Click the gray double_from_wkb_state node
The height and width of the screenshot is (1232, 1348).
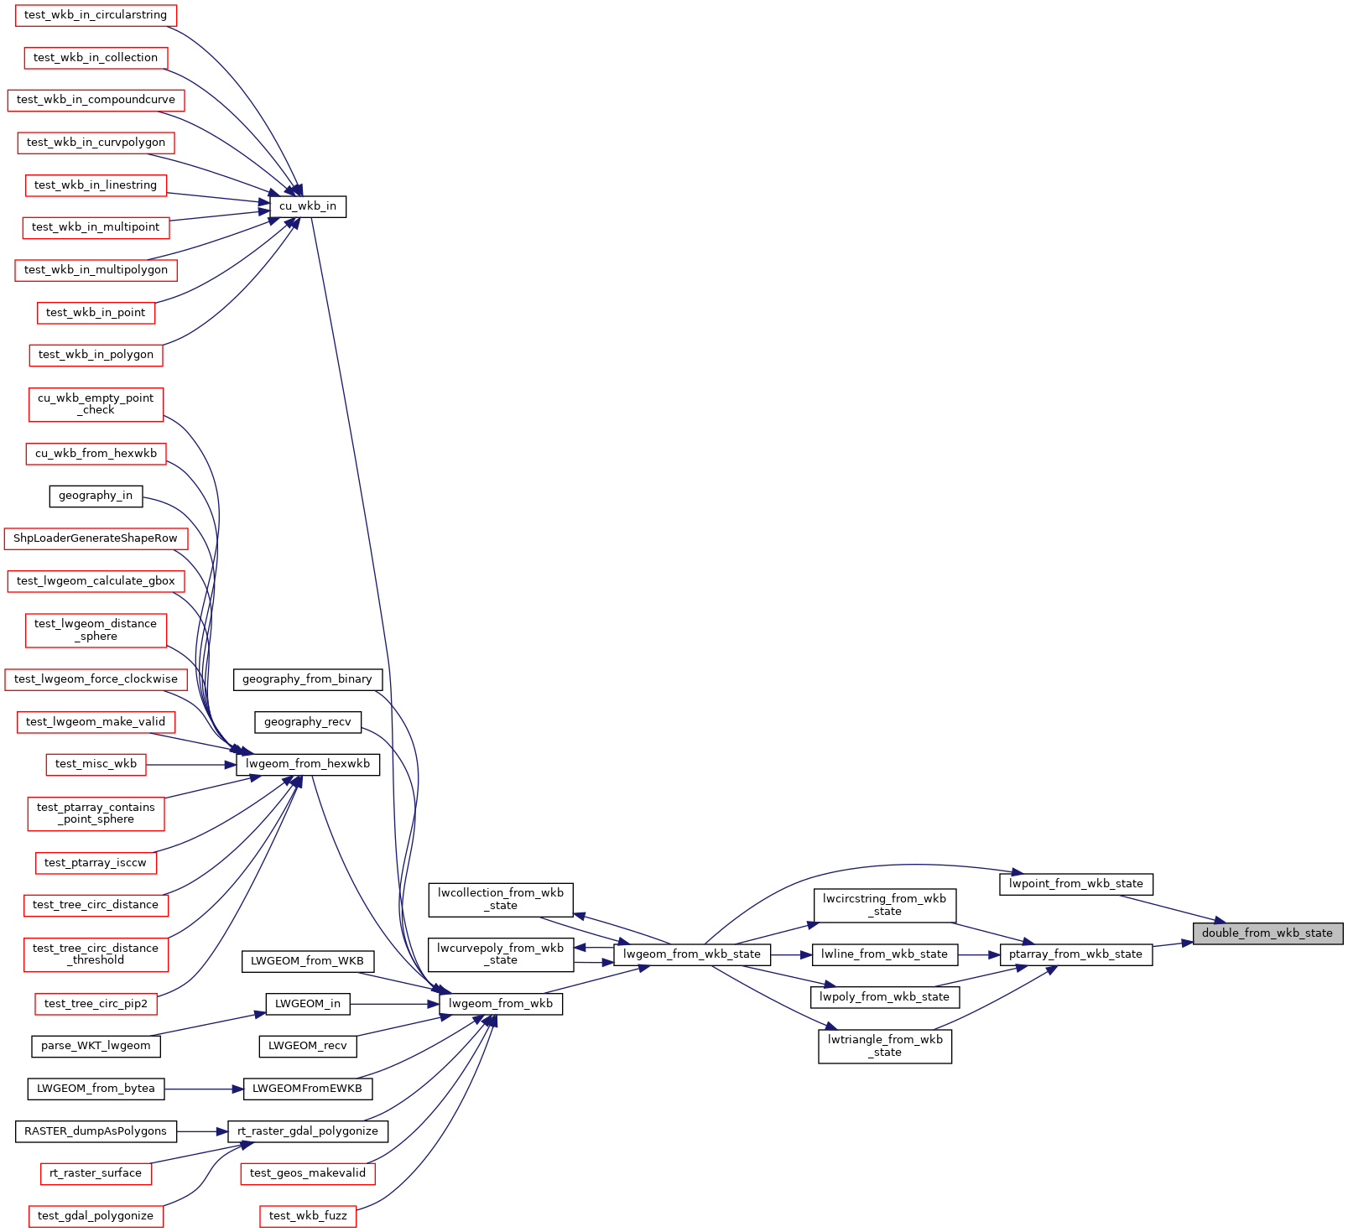1267,933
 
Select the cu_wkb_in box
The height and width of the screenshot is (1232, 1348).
307,206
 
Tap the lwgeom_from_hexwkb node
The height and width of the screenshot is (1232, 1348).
308,764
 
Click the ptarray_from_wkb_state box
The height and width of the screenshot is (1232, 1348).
1075,954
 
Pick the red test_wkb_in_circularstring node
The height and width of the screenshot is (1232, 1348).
96,15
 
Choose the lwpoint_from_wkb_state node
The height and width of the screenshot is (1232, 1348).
1076,884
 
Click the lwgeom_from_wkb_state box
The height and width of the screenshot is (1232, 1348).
692,954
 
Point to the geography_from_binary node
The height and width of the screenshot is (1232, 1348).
307,679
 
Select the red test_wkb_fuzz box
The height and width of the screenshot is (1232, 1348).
308,1216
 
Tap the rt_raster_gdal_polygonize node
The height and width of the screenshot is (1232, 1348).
308,1131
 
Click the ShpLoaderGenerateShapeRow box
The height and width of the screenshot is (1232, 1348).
96,538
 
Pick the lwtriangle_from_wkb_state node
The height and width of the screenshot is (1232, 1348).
885,1046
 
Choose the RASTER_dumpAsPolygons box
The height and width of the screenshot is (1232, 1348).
96,1131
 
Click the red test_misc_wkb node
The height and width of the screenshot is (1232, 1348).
96,764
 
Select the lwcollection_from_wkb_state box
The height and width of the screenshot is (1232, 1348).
501,899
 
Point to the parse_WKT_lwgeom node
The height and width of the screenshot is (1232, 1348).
96,1046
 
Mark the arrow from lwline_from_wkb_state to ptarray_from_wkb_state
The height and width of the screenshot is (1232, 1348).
979,954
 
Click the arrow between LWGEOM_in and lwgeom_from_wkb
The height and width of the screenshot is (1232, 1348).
395,1004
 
